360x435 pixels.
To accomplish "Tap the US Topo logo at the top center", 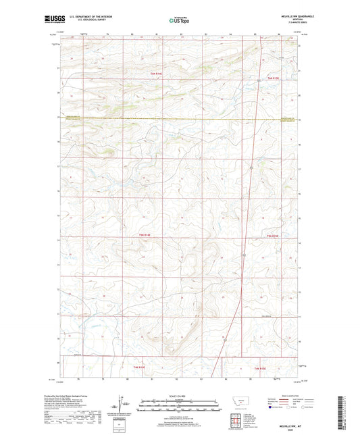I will pos(178,20).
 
